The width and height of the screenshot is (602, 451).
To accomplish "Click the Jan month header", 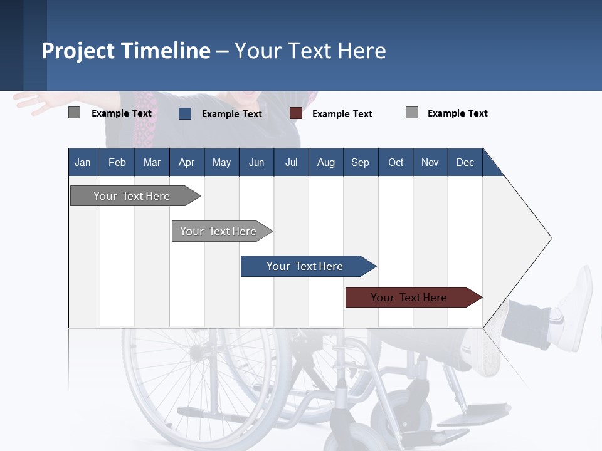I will (x=83, y=162).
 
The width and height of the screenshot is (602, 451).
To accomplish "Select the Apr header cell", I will (x=187, y=162).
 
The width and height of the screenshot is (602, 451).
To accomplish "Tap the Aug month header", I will (x=326, y=162).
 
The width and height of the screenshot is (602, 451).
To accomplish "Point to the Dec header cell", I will (x=465, y=162).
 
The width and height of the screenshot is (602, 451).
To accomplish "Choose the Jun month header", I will (x=256, y=162).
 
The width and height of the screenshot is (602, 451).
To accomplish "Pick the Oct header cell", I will (x=396, y=162).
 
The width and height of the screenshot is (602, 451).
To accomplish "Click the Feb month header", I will (x=117, y=162).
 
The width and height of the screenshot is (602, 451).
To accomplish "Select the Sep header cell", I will (x=361, y=162).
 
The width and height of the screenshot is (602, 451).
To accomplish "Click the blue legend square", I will (x=185, y=113).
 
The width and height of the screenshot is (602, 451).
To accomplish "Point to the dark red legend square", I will (x=296, y=113).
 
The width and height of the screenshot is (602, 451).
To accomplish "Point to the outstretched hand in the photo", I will (x=34, y=100).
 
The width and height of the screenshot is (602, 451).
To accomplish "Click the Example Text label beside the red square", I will (x=342, y=114).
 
